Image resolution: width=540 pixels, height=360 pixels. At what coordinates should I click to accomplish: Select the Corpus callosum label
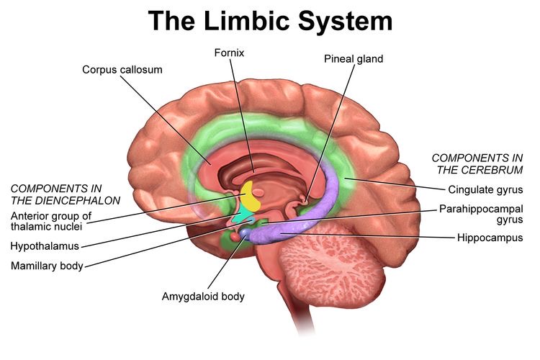pos(122,70)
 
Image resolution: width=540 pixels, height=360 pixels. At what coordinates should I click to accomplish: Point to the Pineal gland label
pos(353,59)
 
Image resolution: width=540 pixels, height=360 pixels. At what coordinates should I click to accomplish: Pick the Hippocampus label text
pos(489,237)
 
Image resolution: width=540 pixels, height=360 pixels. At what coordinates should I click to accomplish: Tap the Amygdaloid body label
pos(203,296)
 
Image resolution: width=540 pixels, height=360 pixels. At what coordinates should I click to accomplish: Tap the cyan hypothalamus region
pos(238,216)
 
